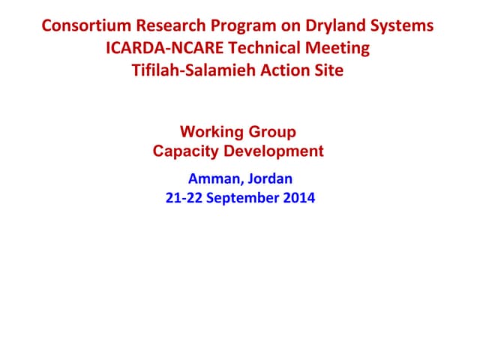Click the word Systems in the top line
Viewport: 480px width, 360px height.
(403, 25)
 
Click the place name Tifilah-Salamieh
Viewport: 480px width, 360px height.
(187, 72)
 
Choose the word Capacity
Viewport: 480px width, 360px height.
(184, 151)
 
